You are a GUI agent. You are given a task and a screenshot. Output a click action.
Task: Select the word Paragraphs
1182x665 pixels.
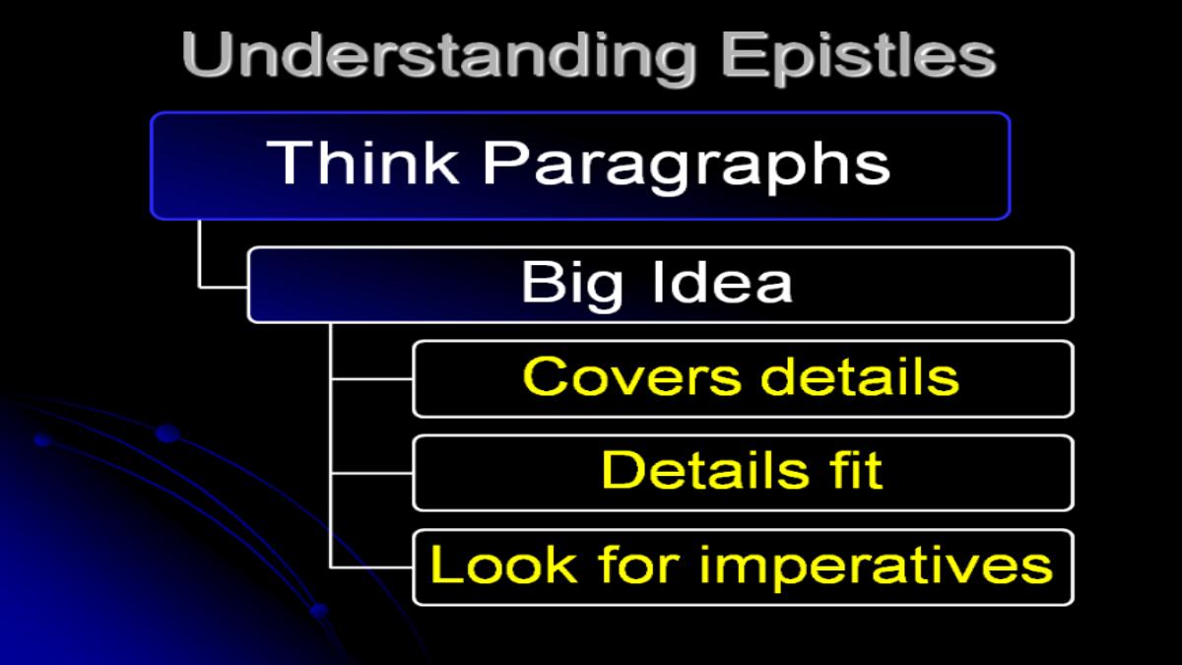687,166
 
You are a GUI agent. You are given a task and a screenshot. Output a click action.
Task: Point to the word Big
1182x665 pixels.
571,285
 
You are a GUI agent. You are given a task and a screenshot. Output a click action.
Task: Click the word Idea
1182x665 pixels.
723,282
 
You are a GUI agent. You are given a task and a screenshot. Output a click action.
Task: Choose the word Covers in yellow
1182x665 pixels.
632,376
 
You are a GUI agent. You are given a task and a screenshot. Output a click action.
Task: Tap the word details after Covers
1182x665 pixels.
860,375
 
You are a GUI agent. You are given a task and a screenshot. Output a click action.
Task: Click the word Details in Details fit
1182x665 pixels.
704,470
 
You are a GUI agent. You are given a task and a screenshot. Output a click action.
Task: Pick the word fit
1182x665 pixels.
855,470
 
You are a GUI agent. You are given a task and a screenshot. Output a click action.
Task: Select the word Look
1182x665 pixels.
503,564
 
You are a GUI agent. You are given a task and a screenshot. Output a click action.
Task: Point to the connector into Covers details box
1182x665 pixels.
372,379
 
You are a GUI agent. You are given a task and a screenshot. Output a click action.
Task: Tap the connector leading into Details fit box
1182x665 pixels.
372,474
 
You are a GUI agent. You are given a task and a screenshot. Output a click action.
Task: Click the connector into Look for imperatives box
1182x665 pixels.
372,567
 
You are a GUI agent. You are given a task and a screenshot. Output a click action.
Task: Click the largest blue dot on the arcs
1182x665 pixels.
167,433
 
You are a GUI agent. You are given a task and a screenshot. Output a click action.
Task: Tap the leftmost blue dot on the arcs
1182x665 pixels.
42,439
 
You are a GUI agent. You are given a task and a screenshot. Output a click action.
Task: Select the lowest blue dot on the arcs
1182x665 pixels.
318,611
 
